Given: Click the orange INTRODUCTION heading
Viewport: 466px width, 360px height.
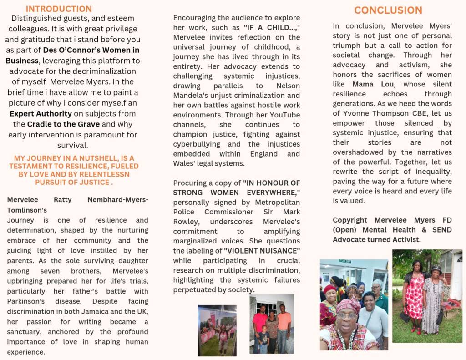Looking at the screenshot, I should click(x=59, y=9).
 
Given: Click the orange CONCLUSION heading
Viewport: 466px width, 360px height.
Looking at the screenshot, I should click(x=388, y=10).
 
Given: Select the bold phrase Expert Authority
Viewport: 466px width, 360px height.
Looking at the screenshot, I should click(x=41, y=113).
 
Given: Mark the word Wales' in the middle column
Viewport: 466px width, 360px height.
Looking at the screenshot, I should click(x=186, y=163).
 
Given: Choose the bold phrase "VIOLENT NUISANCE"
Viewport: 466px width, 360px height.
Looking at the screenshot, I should click(x=261, y=251).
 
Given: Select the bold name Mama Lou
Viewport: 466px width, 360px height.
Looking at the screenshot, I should click(x=368, y=84).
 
